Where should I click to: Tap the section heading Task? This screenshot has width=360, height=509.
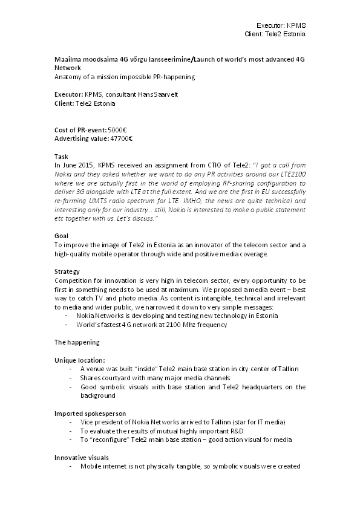pos(61,156)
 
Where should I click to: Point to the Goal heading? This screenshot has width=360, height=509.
pos(61,236)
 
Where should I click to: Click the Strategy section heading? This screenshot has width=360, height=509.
pos(67,272)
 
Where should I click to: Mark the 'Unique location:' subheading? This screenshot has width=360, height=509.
pos(79,360)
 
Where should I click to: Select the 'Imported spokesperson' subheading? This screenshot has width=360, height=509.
pos(91,413)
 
